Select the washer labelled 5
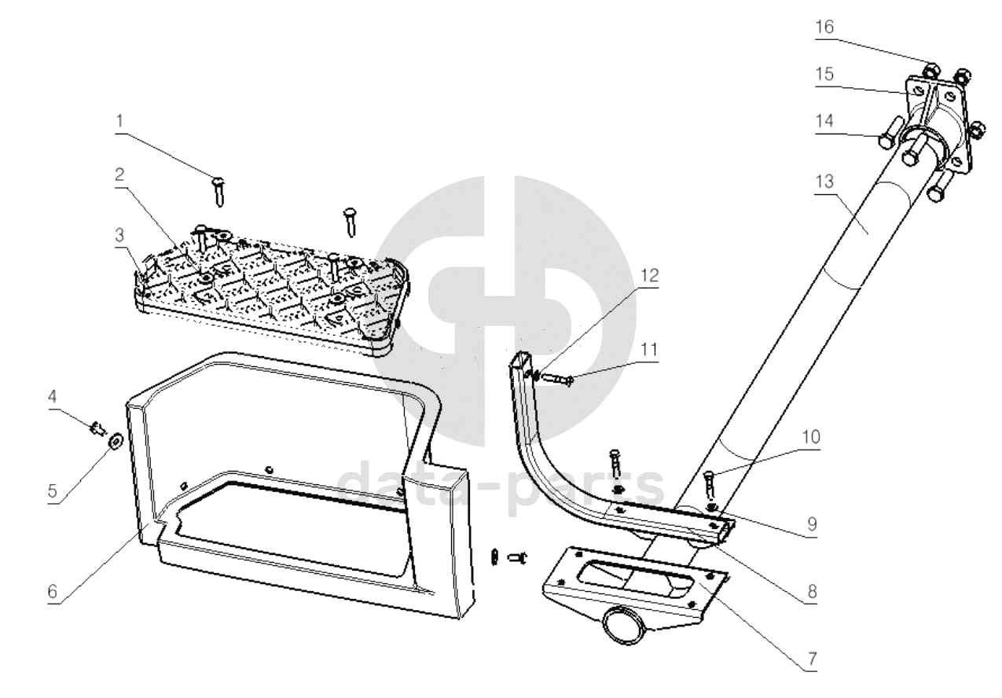tap(114, 440)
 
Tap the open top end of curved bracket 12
tap(522, 360)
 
